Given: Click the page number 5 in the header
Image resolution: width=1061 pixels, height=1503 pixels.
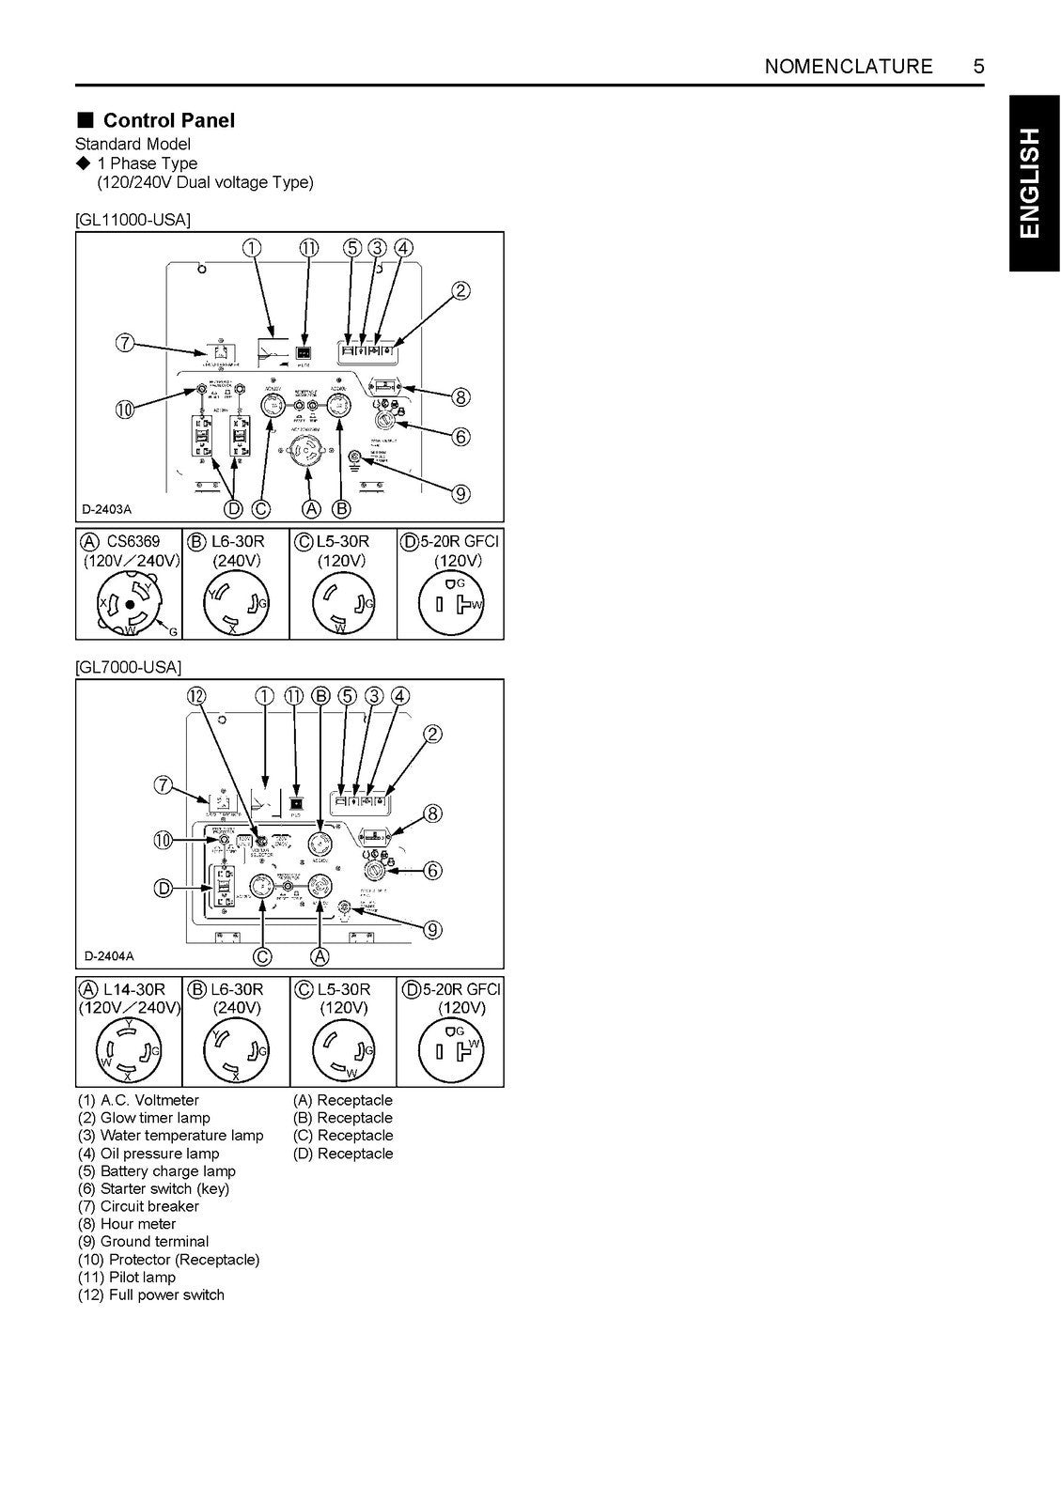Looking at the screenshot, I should [978, 67].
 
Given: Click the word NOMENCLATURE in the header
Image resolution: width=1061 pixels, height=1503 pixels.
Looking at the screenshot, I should [849, 67].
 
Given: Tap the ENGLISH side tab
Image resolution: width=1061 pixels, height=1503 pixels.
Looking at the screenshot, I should [1031, 183].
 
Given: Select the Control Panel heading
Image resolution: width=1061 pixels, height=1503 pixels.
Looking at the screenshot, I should [168, 120].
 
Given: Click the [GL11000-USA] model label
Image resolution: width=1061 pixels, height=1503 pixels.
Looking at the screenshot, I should [133, 220].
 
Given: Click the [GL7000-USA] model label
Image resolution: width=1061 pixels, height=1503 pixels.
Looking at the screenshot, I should [128, 667].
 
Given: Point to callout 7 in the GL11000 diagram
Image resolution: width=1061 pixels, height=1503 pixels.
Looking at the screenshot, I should [124, 343].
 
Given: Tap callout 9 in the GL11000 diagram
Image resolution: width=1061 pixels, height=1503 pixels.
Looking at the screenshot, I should [460, 494].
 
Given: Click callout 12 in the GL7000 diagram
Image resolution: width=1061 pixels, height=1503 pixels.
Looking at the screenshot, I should [196, 696].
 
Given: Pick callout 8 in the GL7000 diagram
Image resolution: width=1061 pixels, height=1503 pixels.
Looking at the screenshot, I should [432, 813].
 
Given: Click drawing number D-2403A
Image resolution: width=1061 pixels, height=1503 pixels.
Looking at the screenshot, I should [107, 510].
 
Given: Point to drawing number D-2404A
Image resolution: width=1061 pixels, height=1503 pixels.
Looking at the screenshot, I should [109, 956].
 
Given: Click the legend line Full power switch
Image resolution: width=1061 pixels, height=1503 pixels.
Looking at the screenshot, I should [151, 1294].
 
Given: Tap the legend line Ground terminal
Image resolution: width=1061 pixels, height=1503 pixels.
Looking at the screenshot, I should [144, 1242].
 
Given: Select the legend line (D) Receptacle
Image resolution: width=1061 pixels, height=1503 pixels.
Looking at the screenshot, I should [343, 1154].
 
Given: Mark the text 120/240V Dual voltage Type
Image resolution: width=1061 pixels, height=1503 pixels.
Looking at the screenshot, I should [206, 182].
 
